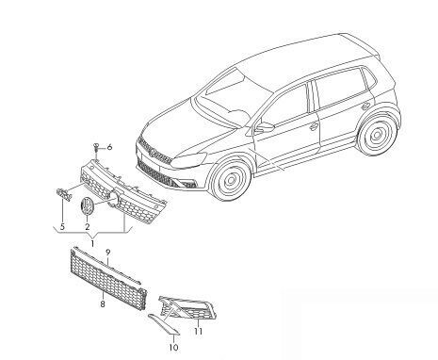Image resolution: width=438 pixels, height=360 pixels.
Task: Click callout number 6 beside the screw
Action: [109, 147]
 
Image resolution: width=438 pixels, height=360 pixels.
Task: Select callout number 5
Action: [62, 226]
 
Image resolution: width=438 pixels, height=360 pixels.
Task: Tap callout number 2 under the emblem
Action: [87, 226]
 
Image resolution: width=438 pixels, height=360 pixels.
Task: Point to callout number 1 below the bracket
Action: [92, 243]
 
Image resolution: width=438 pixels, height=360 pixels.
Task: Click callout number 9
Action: [107, 252]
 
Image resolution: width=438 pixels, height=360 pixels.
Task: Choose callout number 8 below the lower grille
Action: [103, 304]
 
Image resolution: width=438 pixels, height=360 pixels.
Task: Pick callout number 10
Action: [173, 347]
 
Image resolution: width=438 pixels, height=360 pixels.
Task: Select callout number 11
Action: [198, 331]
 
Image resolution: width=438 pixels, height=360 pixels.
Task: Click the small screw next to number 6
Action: [96, 148]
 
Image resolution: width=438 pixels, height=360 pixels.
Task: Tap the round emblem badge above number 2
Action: [86, 206]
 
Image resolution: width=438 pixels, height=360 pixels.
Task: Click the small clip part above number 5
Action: [64, 194]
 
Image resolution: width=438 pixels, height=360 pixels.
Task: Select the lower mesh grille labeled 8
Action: [107, 278]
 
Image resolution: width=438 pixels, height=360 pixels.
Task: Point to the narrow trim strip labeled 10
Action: [163, 323]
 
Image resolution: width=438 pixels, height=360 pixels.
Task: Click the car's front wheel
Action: [231, 180]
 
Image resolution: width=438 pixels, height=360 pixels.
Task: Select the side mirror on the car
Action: [265, 127]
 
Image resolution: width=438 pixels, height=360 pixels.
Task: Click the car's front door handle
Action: [314, 125]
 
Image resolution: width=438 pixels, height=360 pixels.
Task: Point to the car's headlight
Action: [189, 159]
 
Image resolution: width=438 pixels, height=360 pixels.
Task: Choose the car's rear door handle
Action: [365, 106]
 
